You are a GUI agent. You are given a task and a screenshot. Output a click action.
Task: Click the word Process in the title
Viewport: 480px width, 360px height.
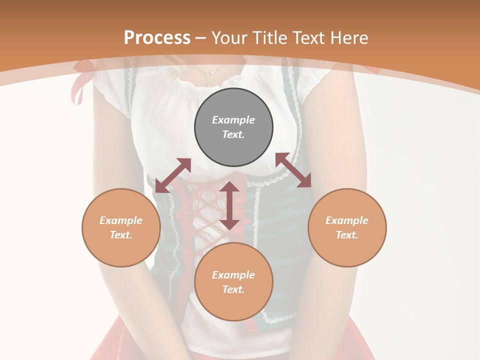tap(157, 37)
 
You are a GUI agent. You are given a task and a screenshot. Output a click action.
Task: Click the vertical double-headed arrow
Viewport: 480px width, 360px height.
tap(229, 205)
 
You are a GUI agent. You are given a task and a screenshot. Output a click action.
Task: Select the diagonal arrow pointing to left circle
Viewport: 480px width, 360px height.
tap(173, 175)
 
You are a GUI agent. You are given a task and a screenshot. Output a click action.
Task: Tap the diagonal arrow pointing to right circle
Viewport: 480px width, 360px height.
tap(293, 170)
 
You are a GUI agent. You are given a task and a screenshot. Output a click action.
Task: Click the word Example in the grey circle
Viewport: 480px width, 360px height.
tap(233, 120)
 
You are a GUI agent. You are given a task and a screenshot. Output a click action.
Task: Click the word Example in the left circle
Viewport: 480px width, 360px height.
tap(121, 220)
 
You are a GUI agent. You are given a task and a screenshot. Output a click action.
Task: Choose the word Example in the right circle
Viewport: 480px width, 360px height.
tap(347, 220)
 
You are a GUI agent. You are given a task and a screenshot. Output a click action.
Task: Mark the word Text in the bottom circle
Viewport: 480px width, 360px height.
tap(233, 289)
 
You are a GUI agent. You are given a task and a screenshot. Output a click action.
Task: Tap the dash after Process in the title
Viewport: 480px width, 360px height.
tap(201, 38)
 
